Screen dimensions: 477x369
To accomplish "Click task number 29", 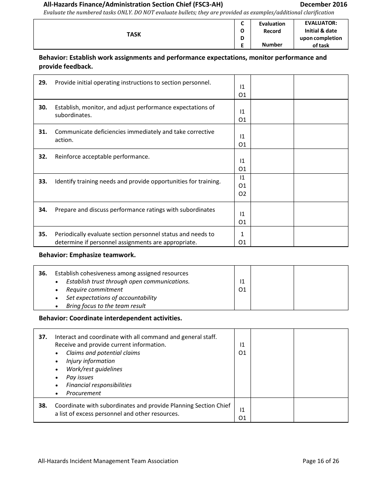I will [43, 83].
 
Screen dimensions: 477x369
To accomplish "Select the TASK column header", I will [134, 35].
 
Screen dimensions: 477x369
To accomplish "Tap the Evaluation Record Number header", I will [272, 34].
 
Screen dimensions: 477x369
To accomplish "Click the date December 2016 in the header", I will [324, 5].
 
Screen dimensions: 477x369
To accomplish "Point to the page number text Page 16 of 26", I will [320, 461].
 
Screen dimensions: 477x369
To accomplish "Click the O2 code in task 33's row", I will [242, 194].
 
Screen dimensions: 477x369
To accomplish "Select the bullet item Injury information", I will [91, 361].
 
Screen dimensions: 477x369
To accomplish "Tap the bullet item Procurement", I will [84, 393].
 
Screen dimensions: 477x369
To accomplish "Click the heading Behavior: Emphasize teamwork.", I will [87, 255].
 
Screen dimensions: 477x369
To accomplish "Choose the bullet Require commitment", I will [94, 290].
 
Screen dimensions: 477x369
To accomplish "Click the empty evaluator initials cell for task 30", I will [320, 112].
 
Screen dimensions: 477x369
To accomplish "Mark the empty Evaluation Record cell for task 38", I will [272, 410].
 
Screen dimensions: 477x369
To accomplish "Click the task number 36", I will [43, 273].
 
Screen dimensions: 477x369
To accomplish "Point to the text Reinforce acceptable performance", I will [102, 157].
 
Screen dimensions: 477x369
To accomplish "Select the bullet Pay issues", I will [80, 377].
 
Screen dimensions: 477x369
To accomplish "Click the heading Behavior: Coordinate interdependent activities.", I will [110, 318].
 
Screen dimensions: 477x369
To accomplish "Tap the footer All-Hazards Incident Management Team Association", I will [108, 461].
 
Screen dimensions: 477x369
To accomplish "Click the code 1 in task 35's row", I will [242, 234].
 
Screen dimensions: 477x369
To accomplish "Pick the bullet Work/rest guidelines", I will [94, 369].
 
